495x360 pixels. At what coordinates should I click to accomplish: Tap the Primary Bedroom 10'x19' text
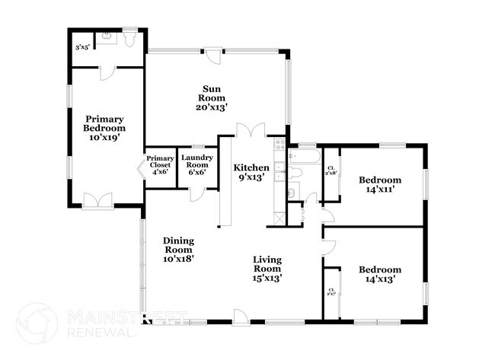pyautogui.click(x=104, y=128)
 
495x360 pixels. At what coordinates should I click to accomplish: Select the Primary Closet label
pyautogui.click(x=160, y=165)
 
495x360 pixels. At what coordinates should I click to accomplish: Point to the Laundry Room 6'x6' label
pyautogui.click(x=196, y=165)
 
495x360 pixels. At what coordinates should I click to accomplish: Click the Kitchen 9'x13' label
pyautogui.click(x=251, y=172)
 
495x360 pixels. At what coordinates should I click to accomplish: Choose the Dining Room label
pyautogui.click(x=178, y=249)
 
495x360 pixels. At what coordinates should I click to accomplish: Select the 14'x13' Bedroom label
pyautogui.click(x=379, y=275)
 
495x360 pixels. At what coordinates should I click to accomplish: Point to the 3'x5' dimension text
pyautogui.click(x=81, y=47)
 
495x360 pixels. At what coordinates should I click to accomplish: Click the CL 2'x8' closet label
pyautogui.click(x=331, y=171)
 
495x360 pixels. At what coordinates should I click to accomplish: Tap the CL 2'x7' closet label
pyautogui.click(x=331, y=292)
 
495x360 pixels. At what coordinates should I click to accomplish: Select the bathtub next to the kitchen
pyautogui.click(x=299, y=158)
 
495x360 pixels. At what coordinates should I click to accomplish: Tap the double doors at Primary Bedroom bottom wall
pyautogui.click(x=97, y=199)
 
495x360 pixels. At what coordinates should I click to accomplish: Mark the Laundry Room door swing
pyautogui.click(x=196, y=193)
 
